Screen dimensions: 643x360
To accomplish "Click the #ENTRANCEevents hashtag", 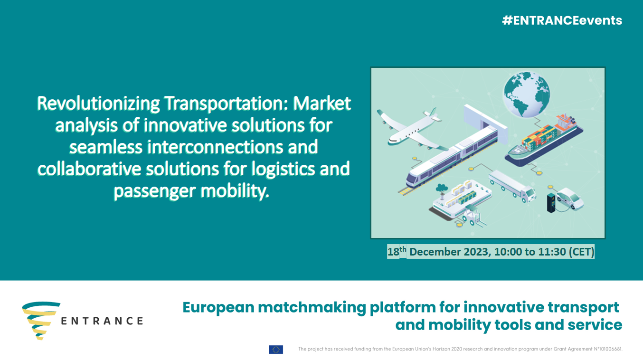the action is [562, 20].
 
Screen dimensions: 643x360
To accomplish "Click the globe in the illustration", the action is [527, 94].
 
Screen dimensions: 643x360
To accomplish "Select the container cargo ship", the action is [544, 141].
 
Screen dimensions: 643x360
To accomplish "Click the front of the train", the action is [413, 179].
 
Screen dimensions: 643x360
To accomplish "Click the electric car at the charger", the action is [570, 199].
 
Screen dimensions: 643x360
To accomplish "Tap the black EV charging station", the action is [551, 203].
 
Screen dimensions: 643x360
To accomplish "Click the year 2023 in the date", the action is [476, 252].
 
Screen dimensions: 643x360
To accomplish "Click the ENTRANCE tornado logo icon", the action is [41, 321].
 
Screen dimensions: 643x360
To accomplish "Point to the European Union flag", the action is [276, 350].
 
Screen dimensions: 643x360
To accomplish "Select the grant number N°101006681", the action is [606, 349].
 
